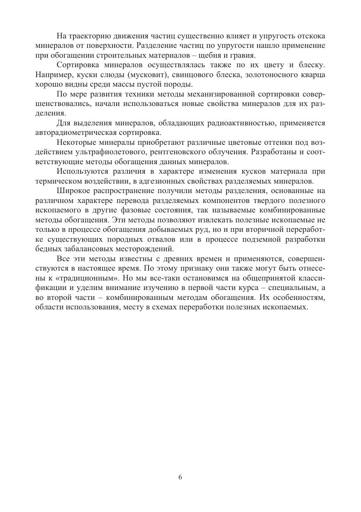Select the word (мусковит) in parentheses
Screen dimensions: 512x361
tap(144, 75)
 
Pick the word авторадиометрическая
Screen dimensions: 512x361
tap(70, 133)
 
